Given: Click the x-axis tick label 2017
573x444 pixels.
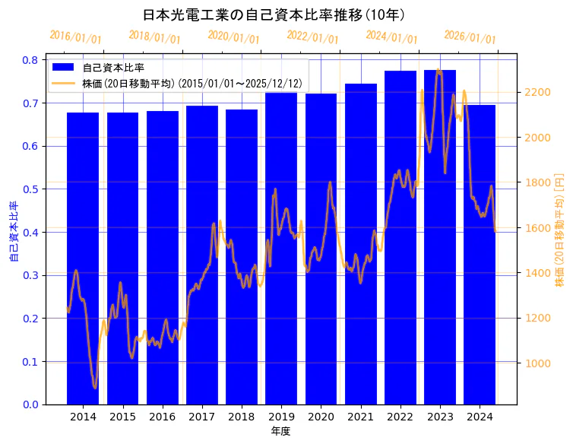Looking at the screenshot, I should coord(202,417).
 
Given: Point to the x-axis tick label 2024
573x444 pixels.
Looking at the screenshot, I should coord(480,417).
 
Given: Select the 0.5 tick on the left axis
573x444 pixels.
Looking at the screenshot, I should coord(31,189).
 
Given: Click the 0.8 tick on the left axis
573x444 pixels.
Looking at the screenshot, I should coord(31,60).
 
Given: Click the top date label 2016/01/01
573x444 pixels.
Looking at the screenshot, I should coord(75,37).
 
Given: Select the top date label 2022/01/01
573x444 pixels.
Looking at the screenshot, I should coord(312,37).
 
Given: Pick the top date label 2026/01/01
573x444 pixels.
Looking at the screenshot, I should coord(470,37).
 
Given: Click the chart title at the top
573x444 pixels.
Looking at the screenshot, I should coord(274,15).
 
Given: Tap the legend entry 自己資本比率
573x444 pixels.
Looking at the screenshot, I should coord(113,68).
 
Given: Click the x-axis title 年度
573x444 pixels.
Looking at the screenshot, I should coord(280,431).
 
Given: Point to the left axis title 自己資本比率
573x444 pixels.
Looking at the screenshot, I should coord(13,232).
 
